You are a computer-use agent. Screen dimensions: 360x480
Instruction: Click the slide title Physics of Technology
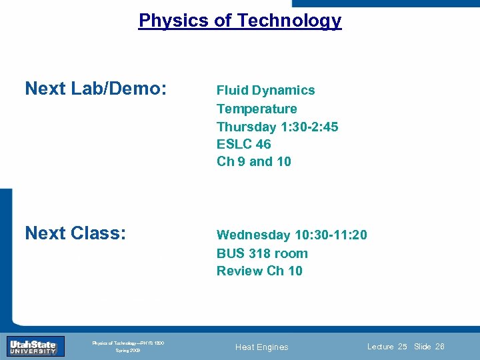[x=240, y=21]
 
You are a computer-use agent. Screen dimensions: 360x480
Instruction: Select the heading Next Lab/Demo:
[x=95, y=89]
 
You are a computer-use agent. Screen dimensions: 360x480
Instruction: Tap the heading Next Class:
[x=75, y=233]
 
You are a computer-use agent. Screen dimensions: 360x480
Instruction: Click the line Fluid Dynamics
[x=265, y=90]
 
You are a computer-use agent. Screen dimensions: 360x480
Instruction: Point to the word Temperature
[x=257, y=109]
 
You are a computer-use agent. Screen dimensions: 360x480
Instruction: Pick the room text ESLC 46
[x=243, y=144]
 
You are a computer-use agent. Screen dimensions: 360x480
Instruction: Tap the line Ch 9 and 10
[x=253, y=161]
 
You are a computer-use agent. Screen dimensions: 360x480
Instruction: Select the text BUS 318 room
[x=262, y=253]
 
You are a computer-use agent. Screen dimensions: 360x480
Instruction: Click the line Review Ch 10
[x=259, y=271]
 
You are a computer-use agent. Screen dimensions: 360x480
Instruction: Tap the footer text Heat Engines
[x=263, y=347]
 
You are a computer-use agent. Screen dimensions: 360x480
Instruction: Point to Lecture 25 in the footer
[x=387, y=347]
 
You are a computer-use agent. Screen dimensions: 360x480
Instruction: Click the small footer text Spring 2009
[x=128, y=350]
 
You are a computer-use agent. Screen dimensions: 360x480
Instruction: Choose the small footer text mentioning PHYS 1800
[x=128, y=343]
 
